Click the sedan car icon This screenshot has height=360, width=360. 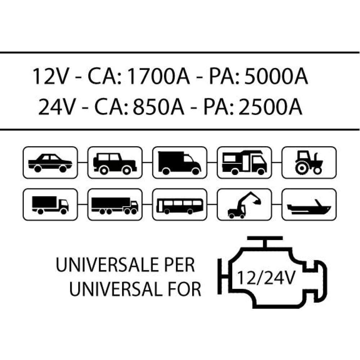point(50,162)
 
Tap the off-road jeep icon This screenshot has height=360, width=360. point(115,162)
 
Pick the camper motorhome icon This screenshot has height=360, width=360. point(244,162)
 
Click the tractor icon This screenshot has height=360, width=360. point(309,162)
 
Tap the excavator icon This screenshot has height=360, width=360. point(244,205)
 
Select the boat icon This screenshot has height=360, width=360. point(309,205)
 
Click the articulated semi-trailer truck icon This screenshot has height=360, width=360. point(115,205)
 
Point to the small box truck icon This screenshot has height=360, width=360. point(50,205)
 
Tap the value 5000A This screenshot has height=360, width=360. point(276,76)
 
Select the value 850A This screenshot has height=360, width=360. point(159,107)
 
